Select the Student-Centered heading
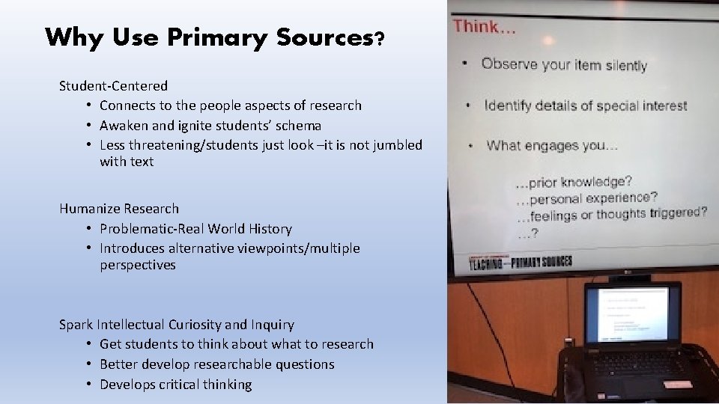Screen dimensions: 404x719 (x=114, y=86)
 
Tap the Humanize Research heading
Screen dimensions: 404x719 (x=120, y=208)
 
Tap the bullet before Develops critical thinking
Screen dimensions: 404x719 (x=88, y=385)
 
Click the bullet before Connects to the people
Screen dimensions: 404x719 (x=88, y=105)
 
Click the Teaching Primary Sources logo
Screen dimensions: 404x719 (x=521, y=261)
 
